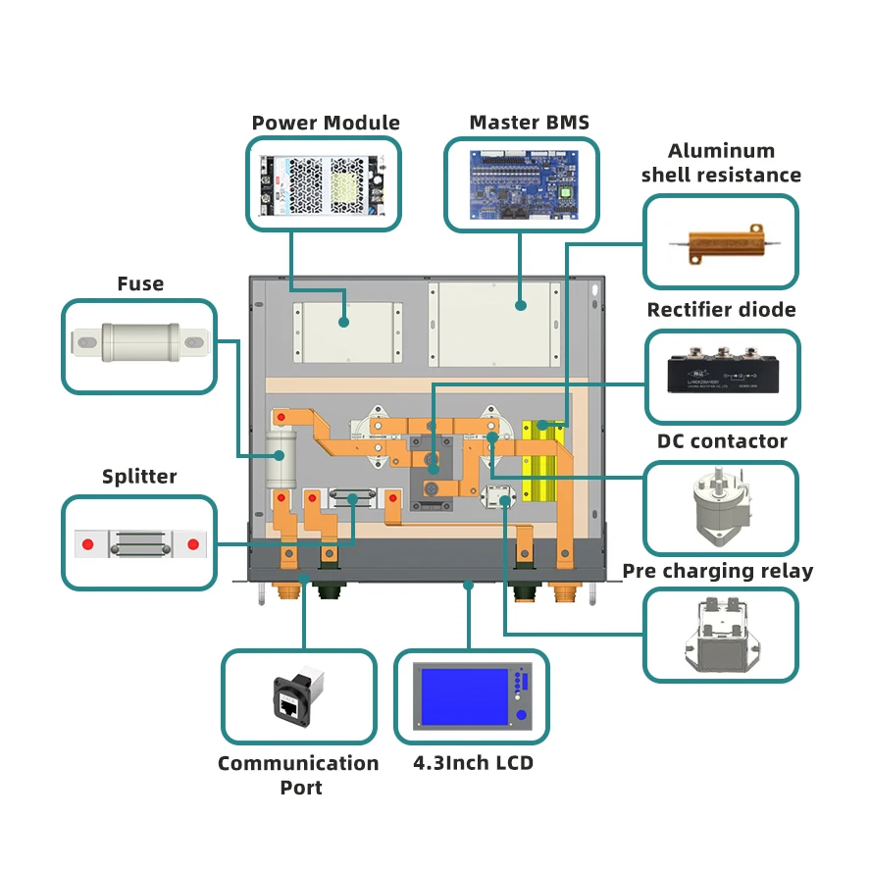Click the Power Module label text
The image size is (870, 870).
[x=326, y=123]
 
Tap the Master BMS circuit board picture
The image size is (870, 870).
[x=521, y=183]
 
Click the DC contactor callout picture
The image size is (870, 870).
[x=721, y=506]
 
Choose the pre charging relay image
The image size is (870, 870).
[x=721, y=635]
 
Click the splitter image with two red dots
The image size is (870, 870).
[x=140, y=542]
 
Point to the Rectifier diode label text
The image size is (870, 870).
[x=721, y=310]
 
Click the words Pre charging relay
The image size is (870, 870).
[x=717, y=571]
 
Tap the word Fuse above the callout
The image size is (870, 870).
[x=140, y=283]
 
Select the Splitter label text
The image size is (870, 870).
[x=139, y=477]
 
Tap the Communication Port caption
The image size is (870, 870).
[x=298, y=774]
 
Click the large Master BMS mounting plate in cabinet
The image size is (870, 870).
[x=494, y=325]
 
